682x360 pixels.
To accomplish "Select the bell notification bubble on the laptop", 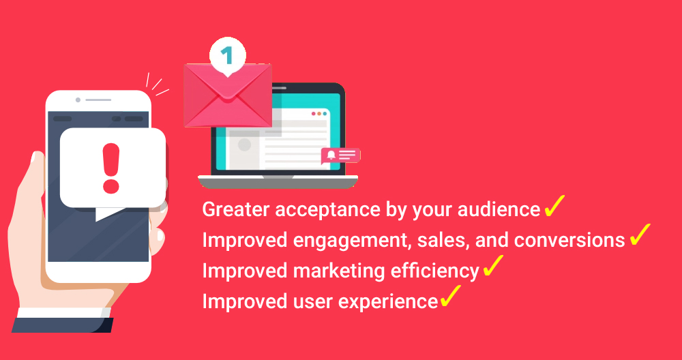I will (340, 156).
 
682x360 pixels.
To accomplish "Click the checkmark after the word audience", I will (554, 205).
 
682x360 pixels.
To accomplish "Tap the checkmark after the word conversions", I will (640, 235).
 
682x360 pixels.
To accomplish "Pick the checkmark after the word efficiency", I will (493, 266).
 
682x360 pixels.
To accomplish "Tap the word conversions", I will (569, 240).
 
